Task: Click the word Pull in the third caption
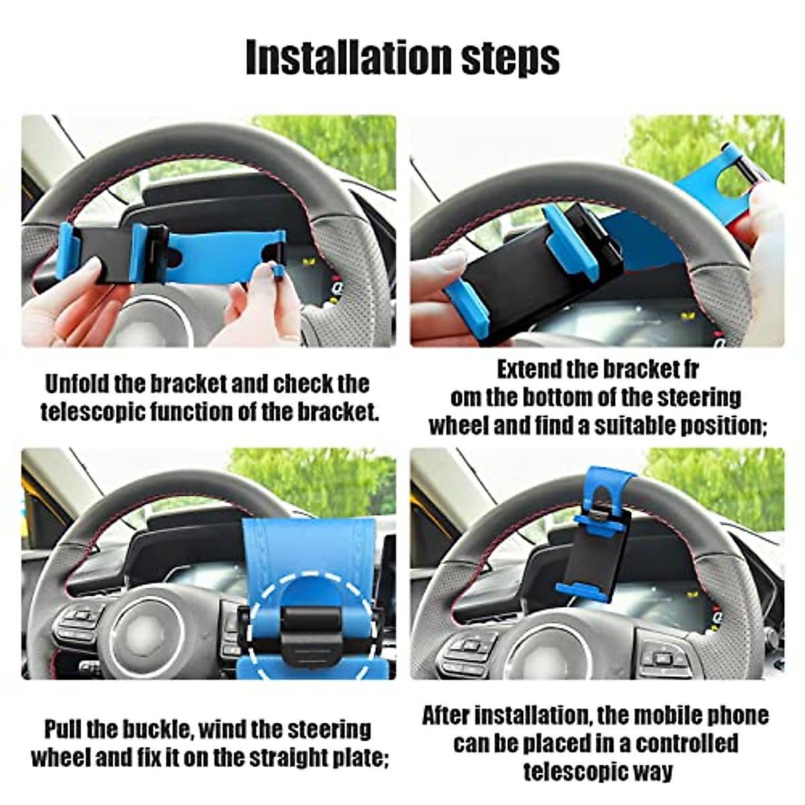click(63, 729)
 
